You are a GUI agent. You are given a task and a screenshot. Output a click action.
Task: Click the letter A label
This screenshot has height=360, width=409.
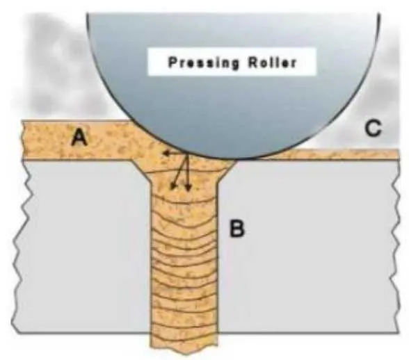tap(80, 138)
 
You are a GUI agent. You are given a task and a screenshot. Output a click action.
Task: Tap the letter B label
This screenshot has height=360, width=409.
tap(236, 229)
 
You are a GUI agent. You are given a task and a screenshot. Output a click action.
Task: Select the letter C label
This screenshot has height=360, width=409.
tap(374, 128)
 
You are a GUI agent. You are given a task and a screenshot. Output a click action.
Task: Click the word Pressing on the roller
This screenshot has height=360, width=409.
tap(203, 63)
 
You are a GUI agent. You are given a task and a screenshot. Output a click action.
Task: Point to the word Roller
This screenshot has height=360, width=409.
tap(272, 63)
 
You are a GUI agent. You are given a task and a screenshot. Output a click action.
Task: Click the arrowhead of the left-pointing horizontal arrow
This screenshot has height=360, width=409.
tap(165, 154)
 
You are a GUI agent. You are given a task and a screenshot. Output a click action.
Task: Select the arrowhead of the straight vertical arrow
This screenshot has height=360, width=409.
tap(189, 188)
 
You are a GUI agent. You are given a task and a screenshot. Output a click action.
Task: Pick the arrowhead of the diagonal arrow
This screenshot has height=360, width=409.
tap(173, 186)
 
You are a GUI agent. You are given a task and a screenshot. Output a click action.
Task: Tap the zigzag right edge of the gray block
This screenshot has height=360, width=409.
tap(396, 246)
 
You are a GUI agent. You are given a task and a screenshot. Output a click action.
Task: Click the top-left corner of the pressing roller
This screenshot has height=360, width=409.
tap(88, 14)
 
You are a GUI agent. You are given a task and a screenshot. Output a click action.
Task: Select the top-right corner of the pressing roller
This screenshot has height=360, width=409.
tap(379, 14)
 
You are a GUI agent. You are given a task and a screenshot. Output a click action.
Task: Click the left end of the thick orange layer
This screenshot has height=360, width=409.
tap(23, 140)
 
